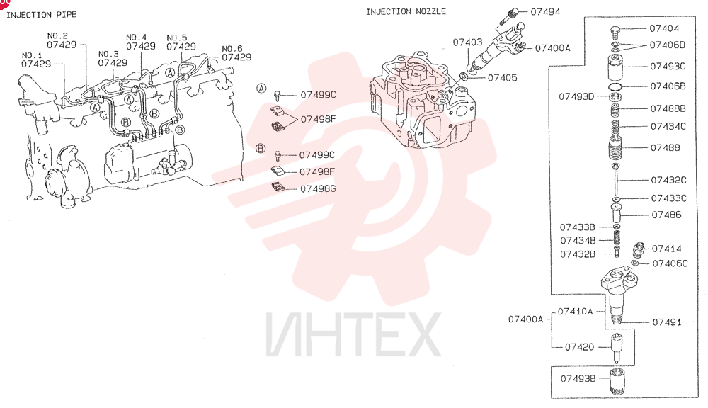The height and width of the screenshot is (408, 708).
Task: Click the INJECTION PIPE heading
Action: pyautogui.click(x=42, y=15)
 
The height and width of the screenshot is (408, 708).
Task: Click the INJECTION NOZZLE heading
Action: pyautogui.click(x=406, y=12)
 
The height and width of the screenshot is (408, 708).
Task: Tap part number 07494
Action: pyautogui.click(x=545, y=12)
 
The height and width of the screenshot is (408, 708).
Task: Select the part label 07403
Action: pyautogui.click(x=467, y=42)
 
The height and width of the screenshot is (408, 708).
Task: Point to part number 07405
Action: pyautogui.click(x=502, y=78)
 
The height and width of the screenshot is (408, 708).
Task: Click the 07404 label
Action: pyautogui.click(x=664, y=28)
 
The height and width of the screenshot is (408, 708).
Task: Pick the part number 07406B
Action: pyautogui.click(x=668, y=86)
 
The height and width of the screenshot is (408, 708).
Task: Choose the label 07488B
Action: pyautogui.click(x=668, y=108)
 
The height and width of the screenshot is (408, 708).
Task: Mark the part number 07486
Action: pyautogui.click(x=666, y=215)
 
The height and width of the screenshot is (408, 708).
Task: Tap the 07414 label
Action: pyautogui.click(x=666, y=249)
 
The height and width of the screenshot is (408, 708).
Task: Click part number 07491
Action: pyautogui.click(x=667, y=322)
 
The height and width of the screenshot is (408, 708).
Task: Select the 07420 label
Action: pyautogui.click(x=579, y=347)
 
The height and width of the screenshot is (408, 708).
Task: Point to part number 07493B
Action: pyautogui.click(x=578, y=379)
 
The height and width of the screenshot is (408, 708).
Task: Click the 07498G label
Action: pyautogui.click(x=318, y=189)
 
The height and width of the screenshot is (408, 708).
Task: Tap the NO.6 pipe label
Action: pyautogui.click(x=232, y=48)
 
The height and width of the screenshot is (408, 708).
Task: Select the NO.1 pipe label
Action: pyautogui.click(x=32, y=55)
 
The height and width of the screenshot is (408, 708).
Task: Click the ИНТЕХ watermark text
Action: pyautogui.click(x=353, y=334)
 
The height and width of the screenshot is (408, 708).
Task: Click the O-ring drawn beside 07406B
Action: pyautogui.click(x=615, y=86)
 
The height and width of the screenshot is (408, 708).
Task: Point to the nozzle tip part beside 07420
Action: pyautogui.click(x=617, y=348)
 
